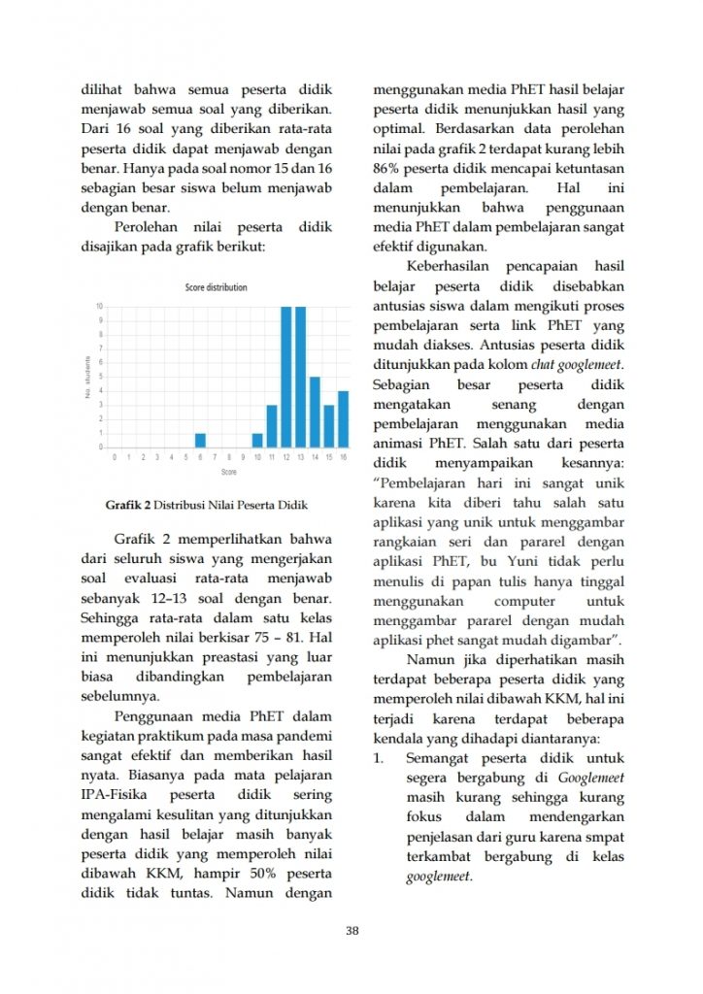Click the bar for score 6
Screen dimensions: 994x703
coord(200,440)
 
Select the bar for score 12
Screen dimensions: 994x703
coord(286,377)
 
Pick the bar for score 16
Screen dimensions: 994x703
coord(343,418)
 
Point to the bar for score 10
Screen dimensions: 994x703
coord(257,440)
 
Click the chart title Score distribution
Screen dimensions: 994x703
coord(216,287)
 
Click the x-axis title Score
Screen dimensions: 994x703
coord(228,472)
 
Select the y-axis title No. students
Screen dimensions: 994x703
coord(87,378)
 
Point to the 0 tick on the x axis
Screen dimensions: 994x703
coord(115,456)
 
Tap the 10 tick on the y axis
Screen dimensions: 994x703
coord(99,307)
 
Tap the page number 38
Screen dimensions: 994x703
coord(351,932)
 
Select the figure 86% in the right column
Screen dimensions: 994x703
coord(387,168)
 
